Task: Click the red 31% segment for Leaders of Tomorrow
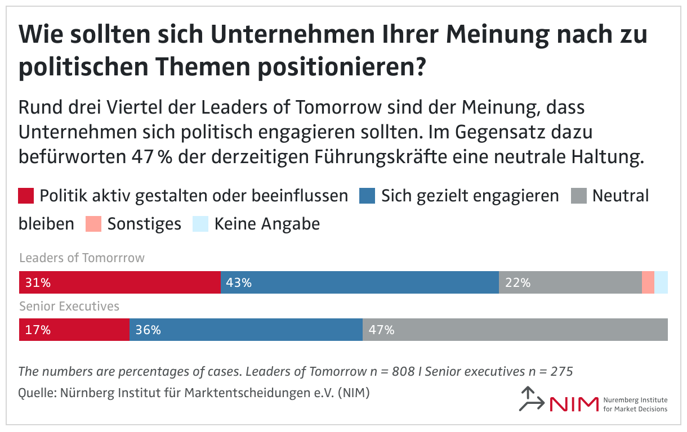[119, 282]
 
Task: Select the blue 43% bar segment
[359, 282]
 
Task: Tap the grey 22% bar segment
[570, 282]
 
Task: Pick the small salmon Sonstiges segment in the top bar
[648, 282]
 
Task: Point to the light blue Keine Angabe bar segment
[661, 282]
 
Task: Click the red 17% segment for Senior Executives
[74, 330]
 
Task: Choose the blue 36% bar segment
[246, 330]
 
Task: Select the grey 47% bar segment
[515, 330]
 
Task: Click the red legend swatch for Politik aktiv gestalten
[26, 196]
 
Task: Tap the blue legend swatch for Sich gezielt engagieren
[367, 196]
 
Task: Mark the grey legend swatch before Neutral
[579, 196]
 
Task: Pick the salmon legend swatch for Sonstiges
[93, 224]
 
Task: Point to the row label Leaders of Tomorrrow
[82, 258]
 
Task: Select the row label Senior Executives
[69, 307]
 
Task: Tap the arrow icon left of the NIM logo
[531, 399]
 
